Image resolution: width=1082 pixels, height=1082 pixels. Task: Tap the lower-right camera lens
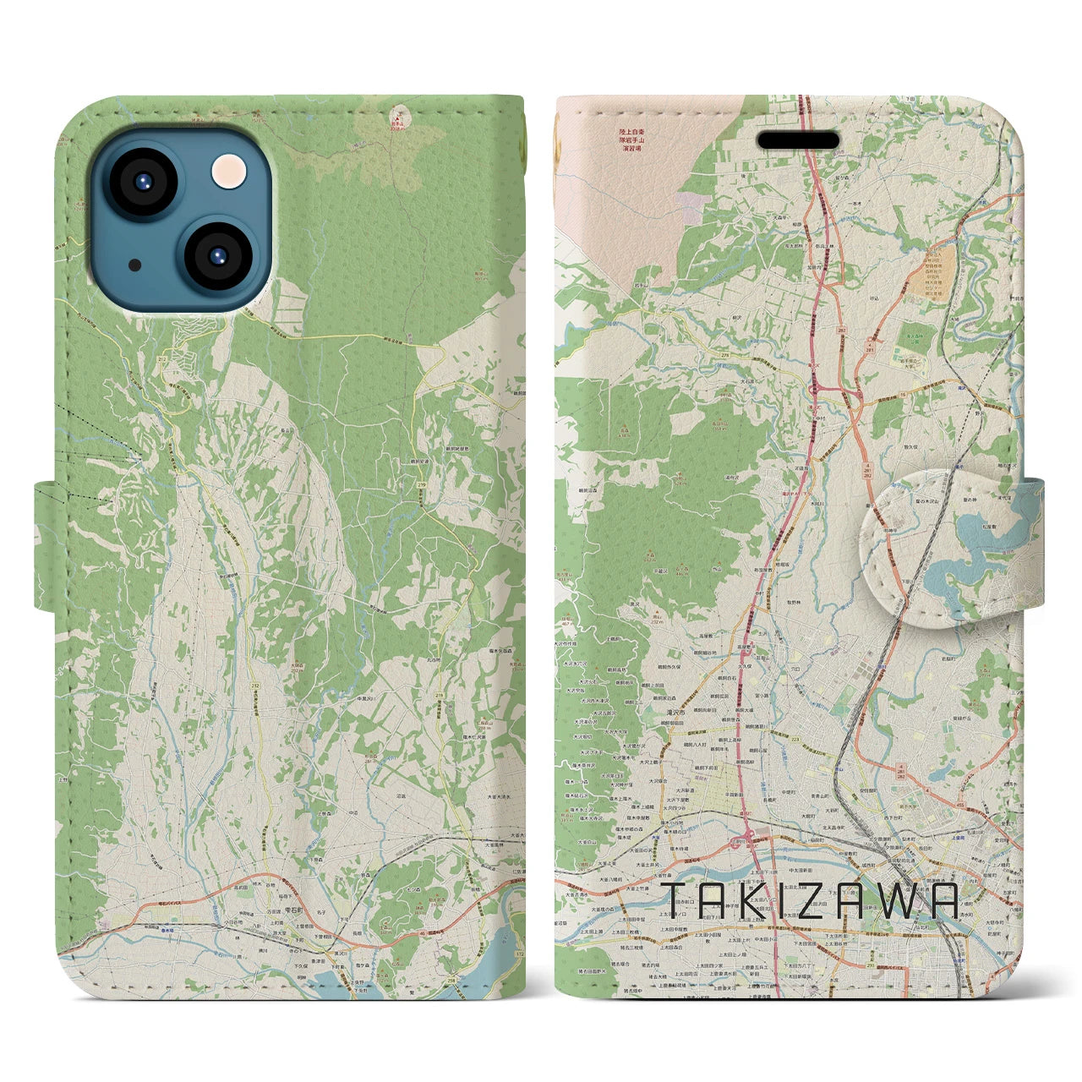[214, 255]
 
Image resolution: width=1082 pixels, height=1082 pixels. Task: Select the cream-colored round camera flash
[230, 172]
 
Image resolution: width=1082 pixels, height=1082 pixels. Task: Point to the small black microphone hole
[135, 265]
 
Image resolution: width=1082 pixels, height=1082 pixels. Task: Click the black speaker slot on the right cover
[797, 140]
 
